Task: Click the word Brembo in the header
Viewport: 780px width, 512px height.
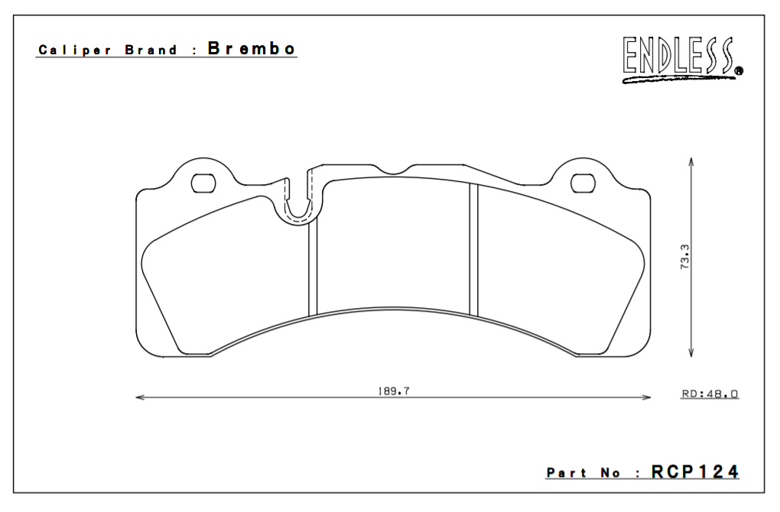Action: pyautogui.click(x=251, y=49)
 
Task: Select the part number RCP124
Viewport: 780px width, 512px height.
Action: pyautogui.click(x=695, y=471)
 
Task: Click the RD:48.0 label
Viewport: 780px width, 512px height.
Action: pyautogui.click(x=709, y=394)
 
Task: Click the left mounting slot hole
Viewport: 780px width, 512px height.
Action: pyautogui.click(x=203, y=183)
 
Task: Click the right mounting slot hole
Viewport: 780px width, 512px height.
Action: pyautogui.click(x=583, y=183)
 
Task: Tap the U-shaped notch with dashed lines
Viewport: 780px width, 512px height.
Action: pyautogui.click(x=299, y=204)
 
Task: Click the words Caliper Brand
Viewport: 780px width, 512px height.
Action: pyautogui.click(x=107, y=50)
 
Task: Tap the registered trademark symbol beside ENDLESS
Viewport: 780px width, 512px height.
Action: pyautogui.click(x=738, y=72)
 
